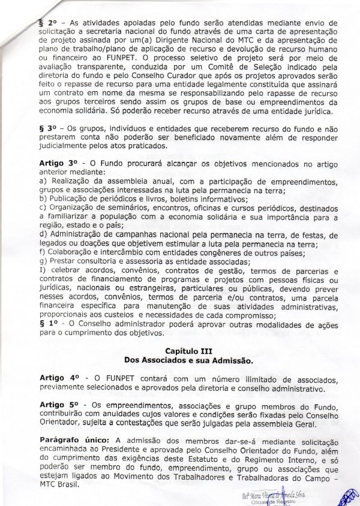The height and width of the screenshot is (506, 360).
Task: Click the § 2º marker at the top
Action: [x=46, y=22]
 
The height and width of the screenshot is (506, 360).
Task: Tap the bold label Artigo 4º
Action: [x=59, y=379]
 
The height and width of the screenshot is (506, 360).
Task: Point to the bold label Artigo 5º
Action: [x=59, y=406]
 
